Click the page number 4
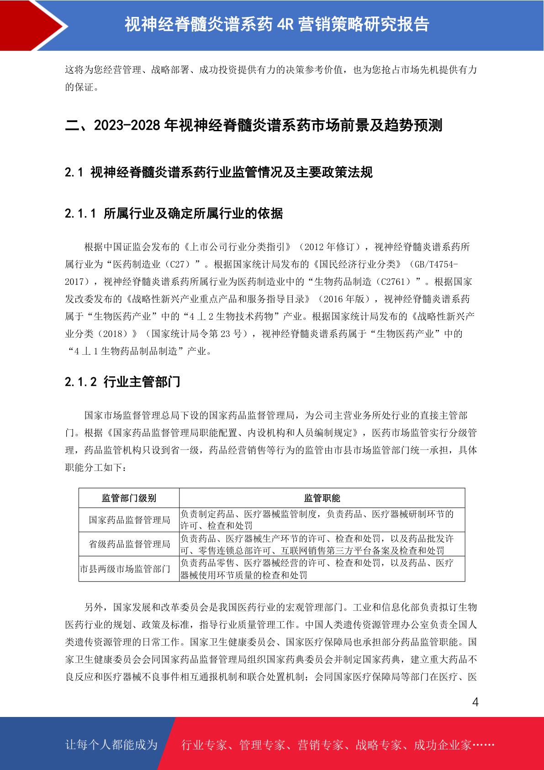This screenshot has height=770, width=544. pos(475,702)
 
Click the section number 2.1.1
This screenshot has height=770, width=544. pos(80,214)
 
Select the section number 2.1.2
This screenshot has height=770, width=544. pos(80,382)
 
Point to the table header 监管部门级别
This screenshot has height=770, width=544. pos(129,498)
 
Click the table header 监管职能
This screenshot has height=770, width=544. pos(322,498)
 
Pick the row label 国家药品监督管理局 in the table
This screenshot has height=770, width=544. pos(129,520)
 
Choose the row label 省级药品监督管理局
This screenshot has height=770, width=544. pos(129,544)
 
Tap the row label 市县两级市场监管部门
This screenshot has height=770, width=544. pos(125,569)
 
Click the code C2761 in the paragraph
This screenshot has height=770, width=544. pos(393,282)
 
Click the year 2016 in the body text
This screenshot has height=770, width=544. pos(333,299)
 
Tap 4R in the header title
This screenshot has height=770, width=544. pos(285,24)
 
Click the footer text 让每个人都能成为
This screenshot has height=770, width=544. pos(111,745)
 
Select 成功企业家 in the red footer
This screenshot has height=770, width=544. pos(442,745)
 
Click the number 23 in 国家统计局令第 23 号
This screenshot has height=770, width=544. pos(225,334)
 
